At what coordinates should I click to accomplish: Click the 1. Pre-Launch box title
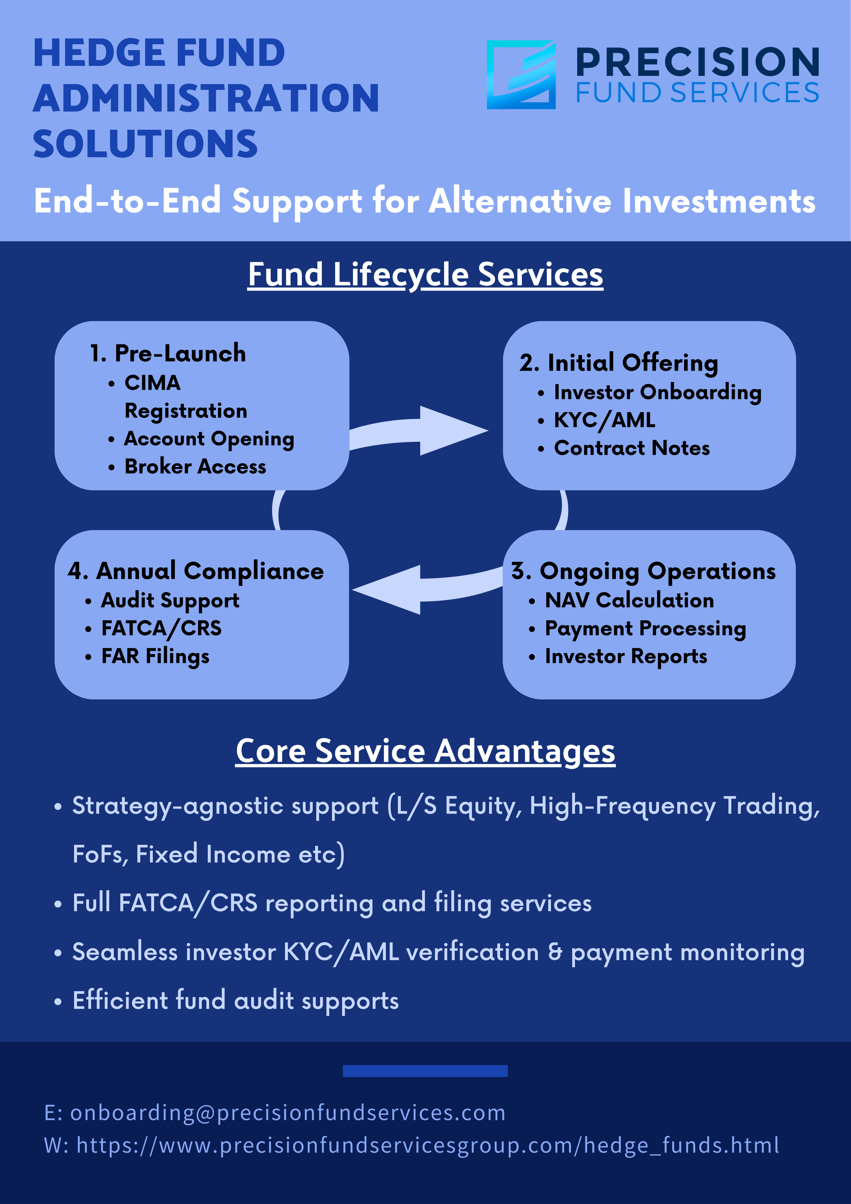pos(168,354)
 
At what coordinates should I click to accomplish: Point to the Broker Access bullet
pos(195,466)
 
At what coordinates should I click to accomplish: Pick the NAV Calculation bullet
pos(629,600)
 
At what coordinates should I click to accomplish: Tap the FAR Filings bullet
pos(155,656)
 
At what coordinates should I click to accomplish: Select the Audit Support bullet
pos(170,600)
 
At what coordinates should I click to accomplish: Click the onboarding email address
pos(287,1113)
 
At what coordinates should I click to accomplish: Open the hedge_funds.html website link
pos(427,1145)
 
